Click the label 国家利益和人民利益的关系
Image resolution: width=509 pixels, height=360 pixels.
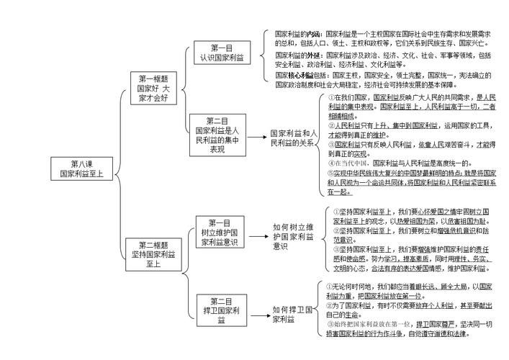(x=292, y=138)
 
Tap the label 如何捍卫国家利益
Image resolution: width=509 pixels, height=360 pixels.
(x=292, y=315)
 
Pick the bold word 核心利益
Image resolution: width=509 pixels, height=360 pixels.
(x=299, y=75)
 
